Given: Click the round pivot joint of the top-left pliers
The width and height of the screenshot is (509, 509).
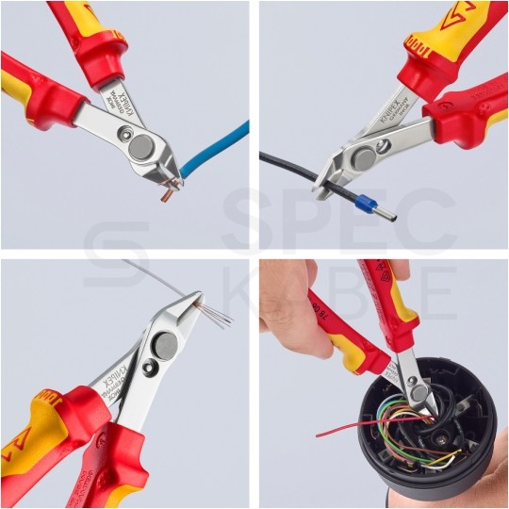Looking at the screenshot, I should point(141,145).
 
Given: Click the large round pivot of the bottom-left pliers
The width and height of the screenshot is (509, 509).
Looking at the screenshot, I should point(164,347).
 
